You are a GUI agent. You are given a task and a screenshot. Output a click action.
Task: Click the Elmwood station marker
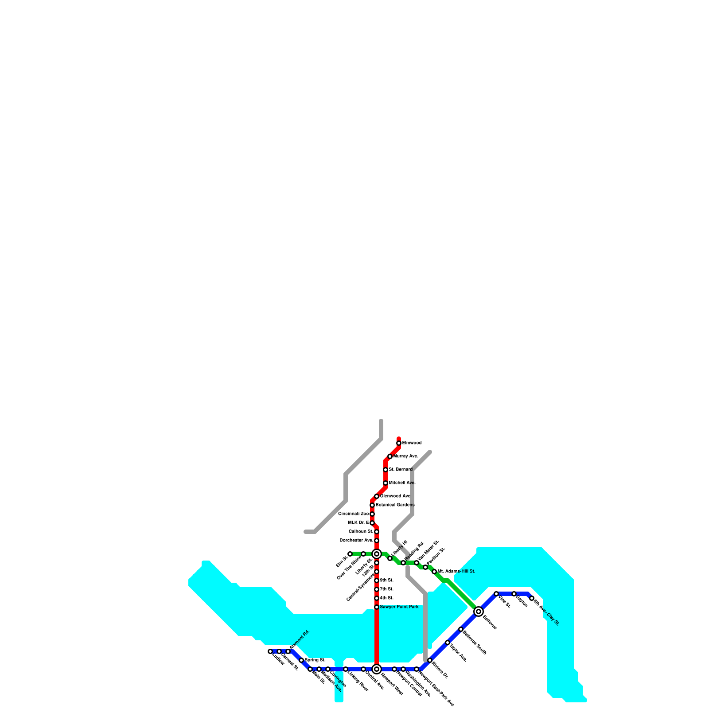399,443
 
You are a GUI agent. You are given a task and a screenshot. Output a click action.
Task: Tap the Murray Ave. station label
405,456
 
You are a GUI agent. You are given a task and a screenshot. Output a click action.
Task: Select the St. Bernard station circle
386,470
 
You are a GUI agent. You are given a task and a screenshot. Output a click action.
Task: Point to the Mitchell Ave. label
402,483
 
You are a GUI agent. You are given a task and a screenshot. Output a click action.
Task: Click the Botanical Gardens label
395,505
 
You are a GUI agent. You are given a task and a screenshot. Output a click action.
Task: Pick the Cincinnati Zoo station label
353,514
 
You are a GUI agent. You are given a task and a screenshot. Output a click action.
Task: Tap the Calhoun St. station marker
377,532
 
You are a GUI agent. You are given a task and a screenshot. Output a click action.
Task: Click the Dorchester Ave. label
356,540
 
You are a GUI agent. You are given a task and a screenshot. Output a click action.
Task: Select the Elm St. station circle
350,554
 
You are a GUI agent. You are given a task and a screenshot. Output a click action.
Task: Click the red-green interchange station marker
377,554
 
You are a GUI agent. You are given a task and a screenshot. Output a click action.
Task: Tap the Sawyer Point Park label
399,607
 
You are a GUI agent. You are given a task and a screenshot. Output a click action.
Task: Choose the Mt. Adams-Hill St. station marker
434,572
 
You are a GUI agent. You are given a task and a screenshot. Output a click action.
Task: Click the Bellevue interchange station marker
479,612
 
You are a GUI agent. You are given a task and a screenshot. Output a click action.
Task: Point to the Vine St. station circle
496,594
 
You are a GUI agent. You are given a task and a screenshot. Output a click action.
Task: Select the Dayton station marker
514,594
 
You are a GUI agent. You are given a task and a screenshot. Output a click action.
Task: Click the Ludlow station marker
270,651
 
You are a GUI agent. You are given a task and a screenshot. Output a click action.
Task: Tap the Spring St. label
315,660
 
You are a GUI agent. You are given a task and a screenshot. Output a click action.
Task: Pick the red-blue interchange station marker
377,669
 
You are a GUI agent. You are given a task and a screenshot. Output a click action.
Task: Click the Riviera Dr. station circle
430,660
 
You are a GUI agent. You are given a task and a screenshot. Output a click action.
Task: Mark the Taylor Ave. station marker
448,643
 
